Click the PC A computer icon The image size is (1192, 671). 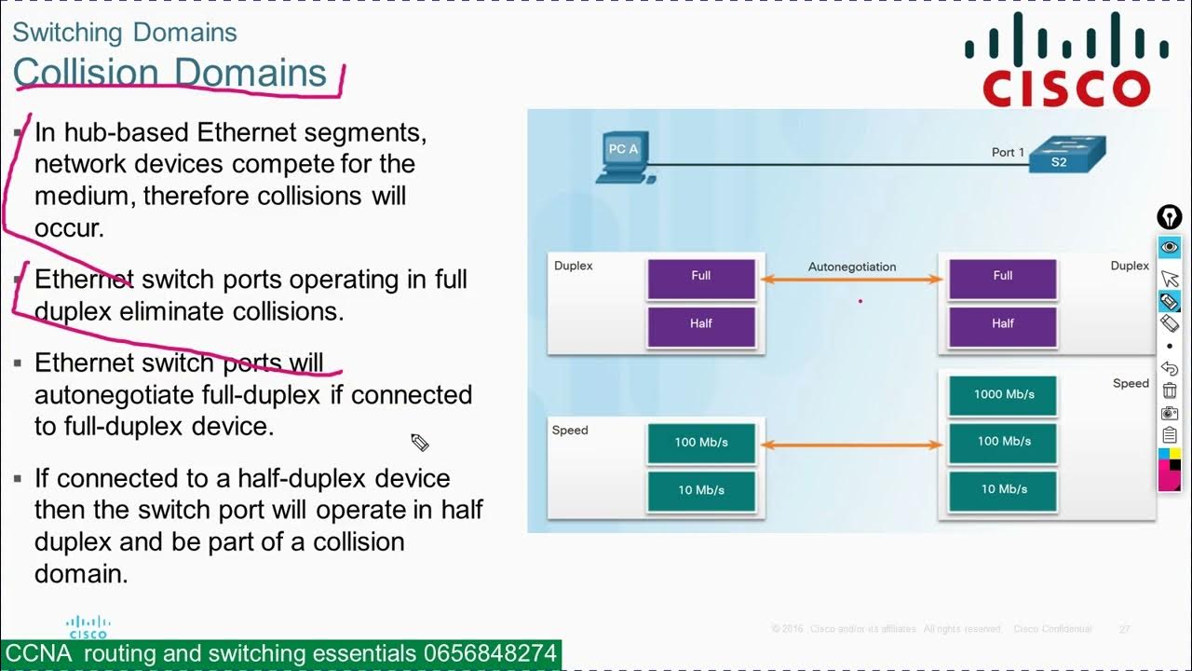(x=623, y=157)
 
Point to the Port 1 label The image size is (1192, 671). (x=1008, y=152)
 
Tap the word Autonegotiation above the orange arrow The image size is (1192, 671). (x=851, y=267)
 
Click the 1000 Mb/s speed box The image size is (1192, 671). (x=1003, y=394)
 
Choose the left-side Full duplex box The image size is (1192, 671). (x=700, y=276)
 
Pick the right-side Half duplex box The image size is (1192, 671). (x=1002, y=323)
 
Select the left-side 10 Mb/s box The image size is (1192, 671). (x=700, y=490)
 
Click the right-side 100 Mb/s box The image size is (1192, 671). (x=1003, y=442)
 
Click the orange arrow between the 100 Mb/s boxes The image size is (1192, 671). (x=851, y=445)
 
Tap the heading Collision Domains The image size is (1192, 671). (x=170, y=73)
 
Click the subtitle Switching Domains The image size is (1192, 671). (x=125, y=33)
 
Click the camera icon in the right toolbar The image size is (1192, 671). (x=1170, y=413)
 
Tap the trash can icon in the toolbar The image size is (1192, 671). (x=1170, y=390)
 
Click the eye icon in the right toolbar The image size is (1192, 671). (x=1170, y=248)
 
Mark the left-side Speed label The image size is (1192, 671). (x=570, y=431)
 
